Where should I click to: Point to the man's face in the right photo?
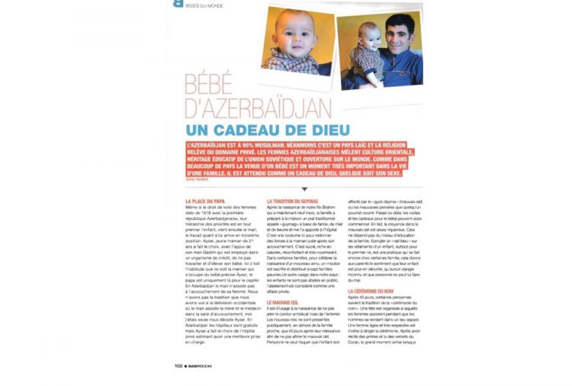coord(397,36)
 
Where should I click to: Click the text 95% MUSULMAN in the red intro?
coord(251,143)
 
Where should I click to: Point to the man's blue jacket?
coord(400,72)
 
